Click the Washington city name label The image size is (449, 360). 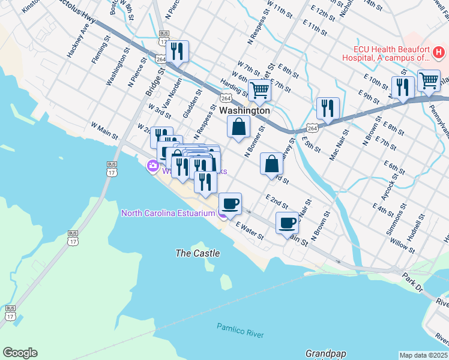(x=244, y=111)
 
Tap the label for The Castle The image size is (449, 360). (x=197, y=253)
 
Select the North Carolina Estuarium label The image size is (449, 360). (x=167, y=213)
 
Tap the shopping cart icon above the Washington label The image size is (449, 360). (x=260, y=90)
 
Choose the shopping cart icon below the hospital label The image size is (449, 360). (x=429, y=80)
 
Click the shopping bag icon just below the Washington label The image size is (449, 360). (x=239, y=127)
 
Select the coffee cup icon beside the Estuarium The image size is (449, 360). (x=231, y=203)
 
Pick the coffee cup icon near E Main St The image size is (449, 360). (x=287, y=223)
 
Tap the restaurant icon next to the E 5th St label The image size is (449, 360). (x=328, y=108)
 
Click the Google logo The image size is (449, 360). (x=20, y=353)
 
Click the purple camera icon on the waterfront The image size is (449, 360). (x=153, y=166)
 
